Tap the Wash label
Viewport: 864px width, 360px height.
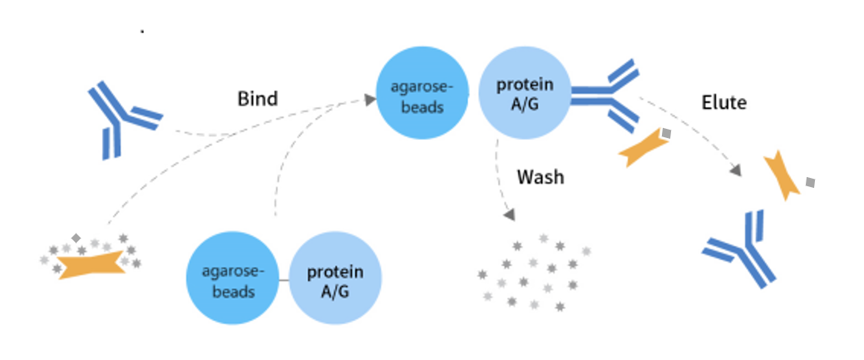click(540, 177)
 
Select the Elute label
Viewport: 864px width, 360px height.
click(723, 103)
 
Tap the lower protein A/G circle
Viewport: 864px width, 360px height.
click(336, 278)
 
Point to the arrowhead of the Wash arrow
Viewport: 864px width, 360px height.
click(510, 215)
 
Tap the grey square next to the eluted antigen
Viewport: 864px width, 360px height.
click(810, 181)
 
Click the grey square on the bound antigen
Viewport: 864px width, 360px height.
click(665, 133)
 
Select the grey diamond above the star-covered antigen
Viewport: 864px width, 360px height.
click(76, 238)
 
